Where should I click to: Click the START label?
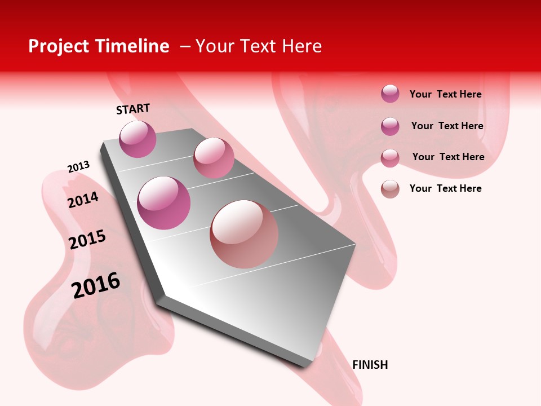(133, 109)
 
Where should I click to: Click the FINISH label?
(370, 365)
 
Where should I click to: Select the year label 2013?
(78, 167)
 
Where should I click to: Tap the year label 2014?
(83, 200)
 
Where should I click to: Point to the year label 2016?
(96, 285)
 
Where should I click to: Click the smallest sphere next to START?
(138, 139)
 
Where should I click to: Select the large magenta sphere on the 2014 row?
(164, 203)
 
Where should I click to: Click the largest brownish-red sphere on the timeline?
(244, 234)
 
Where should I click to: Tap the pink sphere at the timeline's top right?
(214, 158)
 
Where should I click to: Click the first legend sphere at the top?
(390, 94)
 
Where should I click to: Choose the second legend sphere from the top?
(390, 126)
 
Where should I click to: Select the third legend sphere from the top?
(390, 158)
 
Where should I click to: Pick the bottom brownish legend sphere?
(390, 189)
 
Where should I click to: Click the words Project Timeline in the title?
(99, 46)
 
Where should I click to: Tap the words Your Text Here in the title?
(259, 46)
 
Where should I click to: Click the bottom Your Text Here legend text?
(445, 188)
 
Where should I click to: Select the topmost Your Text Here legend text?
(445, 94)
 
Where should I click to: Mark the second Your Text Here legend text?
(447, 126)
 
